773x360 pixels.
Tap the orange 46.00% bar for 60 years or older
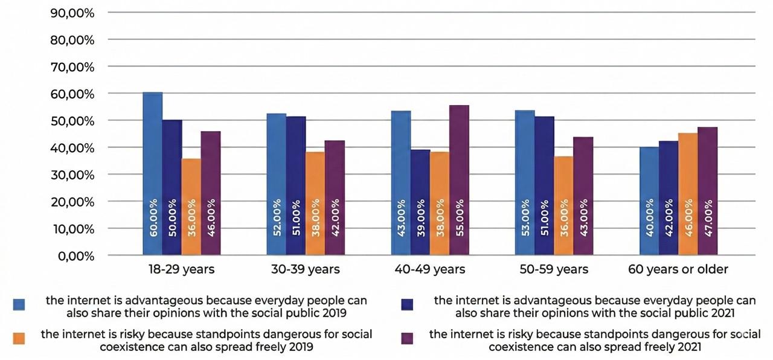coord(688,194)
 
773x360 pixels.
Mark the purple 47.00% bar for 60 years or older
coord(707,191)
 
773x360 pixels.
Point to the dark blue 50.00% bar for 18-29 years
coord(172,187)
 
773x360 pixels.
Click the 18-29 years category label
coord(181,269)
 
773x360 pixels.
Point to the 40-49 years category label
coord(430,269)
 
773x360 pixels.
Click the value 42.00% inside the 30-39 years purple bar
coord(335,217)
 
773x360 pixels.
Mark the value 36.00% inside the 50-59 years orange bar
coord(564,217)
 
